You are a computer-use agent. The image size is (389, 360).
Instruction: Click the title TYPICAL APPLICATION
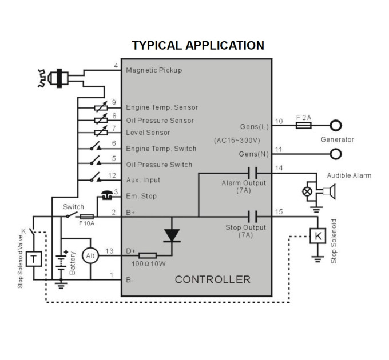pyautogui.click(x=198, y=46)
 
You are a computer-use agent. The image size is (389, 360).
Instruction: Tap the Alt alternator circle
pyautogui.click(x=90, y=255)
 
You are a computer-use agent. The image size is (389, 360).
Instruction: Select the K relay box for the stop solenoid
pyautogui.click(x=318, y=236)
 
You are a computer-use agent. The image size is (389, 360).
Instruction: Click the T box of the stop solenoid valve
pyautogui.click(x=34, y=259)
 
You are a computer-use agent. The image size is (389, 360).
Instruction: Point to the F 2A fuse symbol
pyautogui.click(x=304, y=125)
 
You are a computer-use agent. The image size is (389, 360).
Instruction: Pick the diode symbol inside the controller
pyautogui.click(x=172, y=235)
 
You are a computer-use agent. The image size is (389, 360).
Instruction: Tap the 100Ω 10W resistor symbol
pyautogui.click(x=148, y=255)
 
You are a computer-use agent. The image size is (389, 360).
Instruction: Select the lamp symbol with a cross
pyautogui.click(x=307, y=191)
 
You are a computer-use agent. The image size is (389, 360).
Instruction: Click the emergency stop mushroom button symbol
pyautogui.click(x=107, y=195)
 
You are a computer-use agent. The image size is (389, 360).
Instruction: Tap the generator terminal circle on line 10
pyautogui.click(x=336, y=125)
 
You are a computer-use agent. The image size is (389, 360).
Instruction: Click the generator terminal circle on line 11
pyautogui.click(x=336, y=154)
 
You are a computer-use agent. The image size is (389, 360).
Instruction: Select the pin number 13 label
pyautogui.click(x=109, y=251)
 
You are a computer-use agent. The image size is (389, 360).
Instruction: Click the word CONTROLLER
pyautogui.click(x=213, y=279)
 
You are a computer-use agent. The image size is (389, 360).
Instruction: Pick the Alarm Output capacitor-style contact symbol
pyautogui.click(x=252, y=173)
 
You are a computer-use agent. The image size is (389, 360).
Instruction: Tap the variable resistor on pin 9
pyautogui.click(x=101, y=107)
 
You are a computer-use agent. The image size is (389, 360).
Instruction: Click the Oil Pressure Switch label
pyautogui.click(x=159, y=165)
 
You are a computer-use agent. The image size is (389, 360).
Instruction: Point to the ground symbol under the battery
pyautogui.click(x=61, y=284)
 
